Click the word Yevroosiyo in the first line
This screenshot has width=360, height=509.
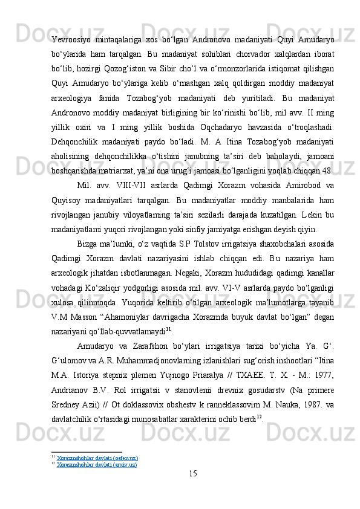point(70,41)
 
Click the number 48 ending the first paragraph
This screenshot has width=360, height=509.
point(328,165)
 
